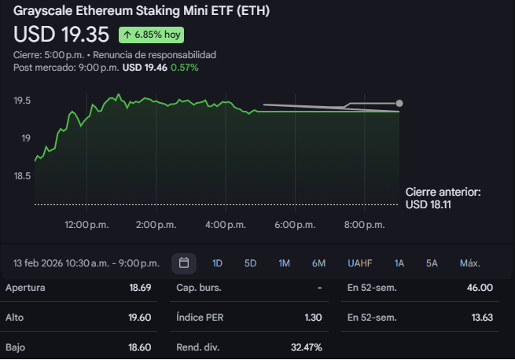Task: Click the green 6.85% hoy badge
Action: [152, 35]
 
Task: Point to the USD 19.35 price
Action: [61, 35]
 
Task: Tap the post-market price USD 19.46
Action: [145, 68]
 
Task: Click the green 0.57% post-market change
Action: [186, 68]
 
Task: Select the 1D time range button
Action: [218, 263]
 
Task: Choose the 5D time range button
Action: [250, 263]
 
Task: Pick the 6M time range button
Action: [318, 263]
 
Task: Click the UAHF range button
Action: [360, 263]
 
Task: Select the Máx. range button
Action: [470, 263]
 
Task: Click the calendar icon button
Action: [184, 263]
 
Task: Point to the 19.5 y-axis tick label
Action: [22, 101]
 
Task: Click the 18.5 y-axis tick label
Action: [22, 176]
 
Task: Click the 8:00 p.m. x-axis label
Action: [365, 225]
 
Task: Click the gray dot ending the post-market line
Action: [399, 103]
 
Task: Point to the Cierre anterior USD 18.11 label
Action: [443, 198]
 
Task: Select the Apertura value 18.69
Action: [142, 288]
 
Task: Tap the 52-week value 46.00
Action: [480, 288]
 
